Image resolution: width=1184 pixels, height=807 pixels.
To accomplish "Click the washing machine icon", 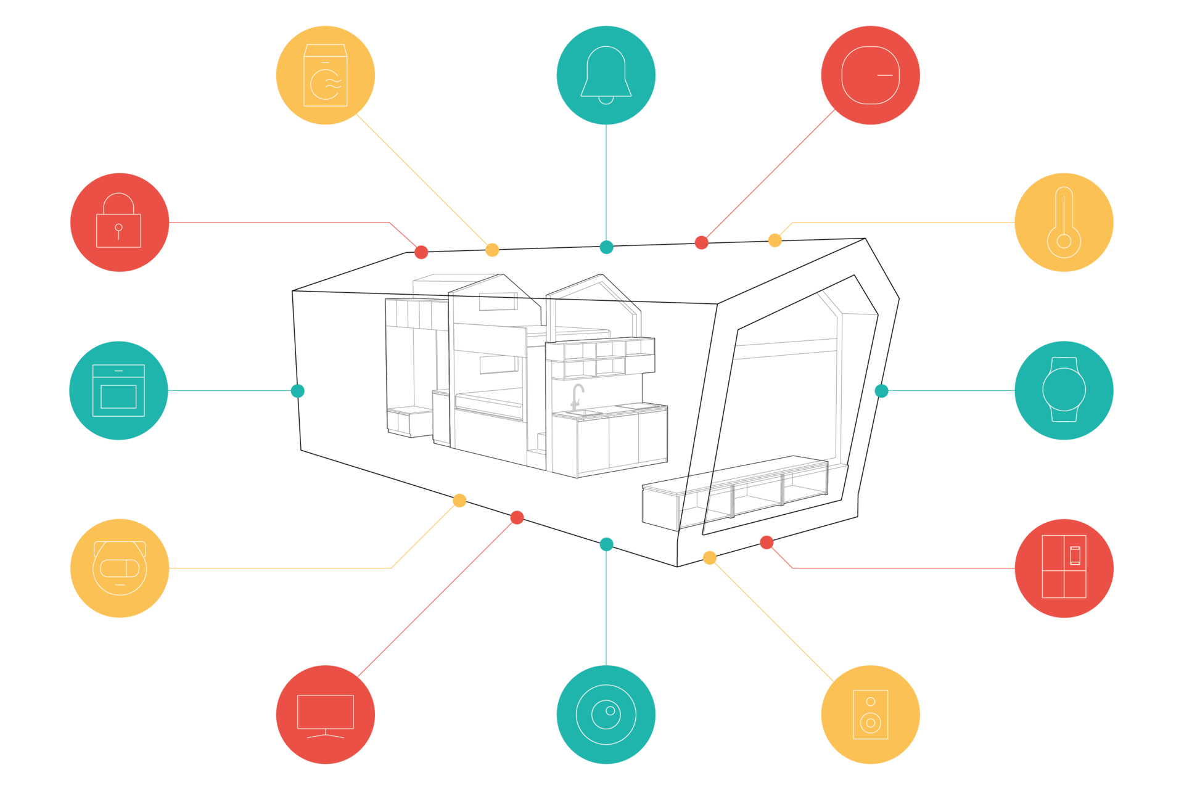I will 325,75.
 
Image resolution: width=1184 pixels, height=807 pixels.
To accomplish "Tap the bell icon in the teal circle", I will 606,74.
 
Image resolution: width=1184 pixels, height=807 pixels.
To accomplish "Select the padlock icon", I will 118,222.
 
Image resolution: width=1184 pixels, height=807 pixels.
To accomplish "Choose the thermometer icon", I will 1064,223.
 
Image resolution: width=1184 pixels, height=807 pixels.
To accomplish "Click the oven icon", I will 118,390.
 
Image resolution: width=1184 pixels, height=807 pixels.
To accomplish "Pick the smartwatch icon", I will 1064,390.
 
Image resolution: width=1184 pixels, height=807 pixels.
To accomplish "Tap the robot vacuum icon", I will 120,568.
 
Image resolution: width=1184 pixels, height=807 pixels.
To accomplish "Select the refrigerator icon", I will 1064,567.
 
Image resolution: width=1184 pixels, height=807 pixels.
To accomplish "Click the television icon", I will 325,715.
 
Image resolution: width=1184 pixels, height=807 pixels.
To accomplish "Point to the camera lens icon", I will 606,715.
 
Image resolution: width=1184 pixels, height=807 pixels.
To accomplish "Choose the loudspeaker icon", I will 870,715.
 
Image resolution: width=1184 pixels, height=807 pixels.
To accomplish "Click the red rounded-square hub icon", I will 870,75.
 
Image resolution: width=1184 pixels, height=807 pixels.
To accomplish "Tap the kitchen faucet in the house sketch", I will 578,396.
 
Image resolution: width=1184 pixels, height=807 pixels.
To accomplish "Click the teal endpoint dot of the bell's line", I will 606,247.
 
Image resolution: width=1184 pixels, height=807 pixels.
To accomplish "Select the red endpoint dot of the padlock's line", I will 421,252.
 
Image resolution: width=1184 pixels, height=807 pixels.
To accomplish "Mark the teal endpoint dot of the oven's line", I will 298,391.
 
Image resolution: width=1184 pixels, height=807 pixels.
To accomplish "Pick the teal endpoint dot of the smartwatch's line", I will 881,390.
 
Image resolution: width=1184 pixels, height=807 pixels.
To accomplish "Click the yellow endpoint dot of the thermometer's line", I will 775,240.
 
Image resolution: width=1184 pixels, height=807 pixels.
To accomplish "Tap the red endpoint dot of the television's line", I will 517,518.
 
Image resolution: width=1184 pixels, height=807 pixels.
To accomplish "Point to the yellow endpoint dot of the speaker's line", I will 710,558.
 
